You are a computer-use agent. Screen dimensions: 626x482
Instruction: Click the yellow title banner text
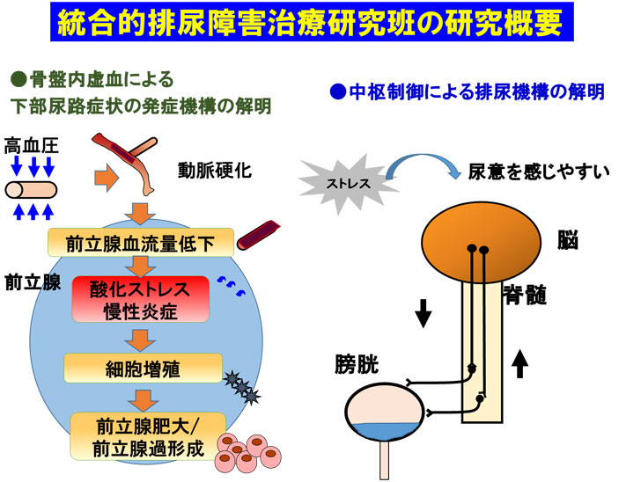311,22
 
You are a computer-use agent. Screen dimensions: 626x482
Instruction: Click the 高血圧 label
32,146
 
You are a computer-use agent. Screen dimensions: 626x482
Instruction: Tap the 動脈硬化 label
214,171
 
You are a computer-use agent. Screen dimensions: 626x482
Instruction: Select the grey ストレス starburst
348,184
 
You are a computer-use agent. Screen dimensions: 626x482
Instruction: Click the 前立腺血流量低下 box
141,243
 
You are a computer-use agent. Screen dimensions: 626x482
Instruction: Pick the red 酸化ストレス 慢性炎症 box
141,299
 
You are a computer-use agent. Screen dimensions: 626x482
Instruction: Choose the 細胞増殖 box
143,368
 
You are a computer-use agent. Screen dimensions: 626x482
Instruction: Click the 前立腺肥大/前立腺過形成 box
148,436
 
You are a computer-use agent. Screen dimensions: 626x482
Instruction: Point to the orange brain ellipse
482,242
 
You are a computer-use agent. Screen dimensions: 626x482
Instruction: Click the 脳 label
568,240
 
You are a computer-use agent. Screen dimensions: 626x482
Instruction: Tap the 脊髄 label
525,295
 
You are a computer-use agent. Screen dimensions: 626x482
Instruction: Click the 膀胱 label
357,363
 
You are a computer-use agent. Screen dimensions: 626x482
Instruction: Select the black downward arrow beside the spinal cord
423,313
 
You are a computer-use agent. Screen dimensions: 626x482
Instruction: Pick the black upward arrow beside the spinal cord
519,362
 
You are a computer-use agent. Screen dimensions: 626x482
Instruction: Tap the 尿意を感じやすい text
539,172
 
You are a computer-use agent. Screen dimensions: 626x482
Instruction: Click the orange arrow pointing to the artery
107,178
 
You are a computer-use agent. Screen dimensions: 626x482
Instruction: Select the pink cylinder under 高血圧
31,190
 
